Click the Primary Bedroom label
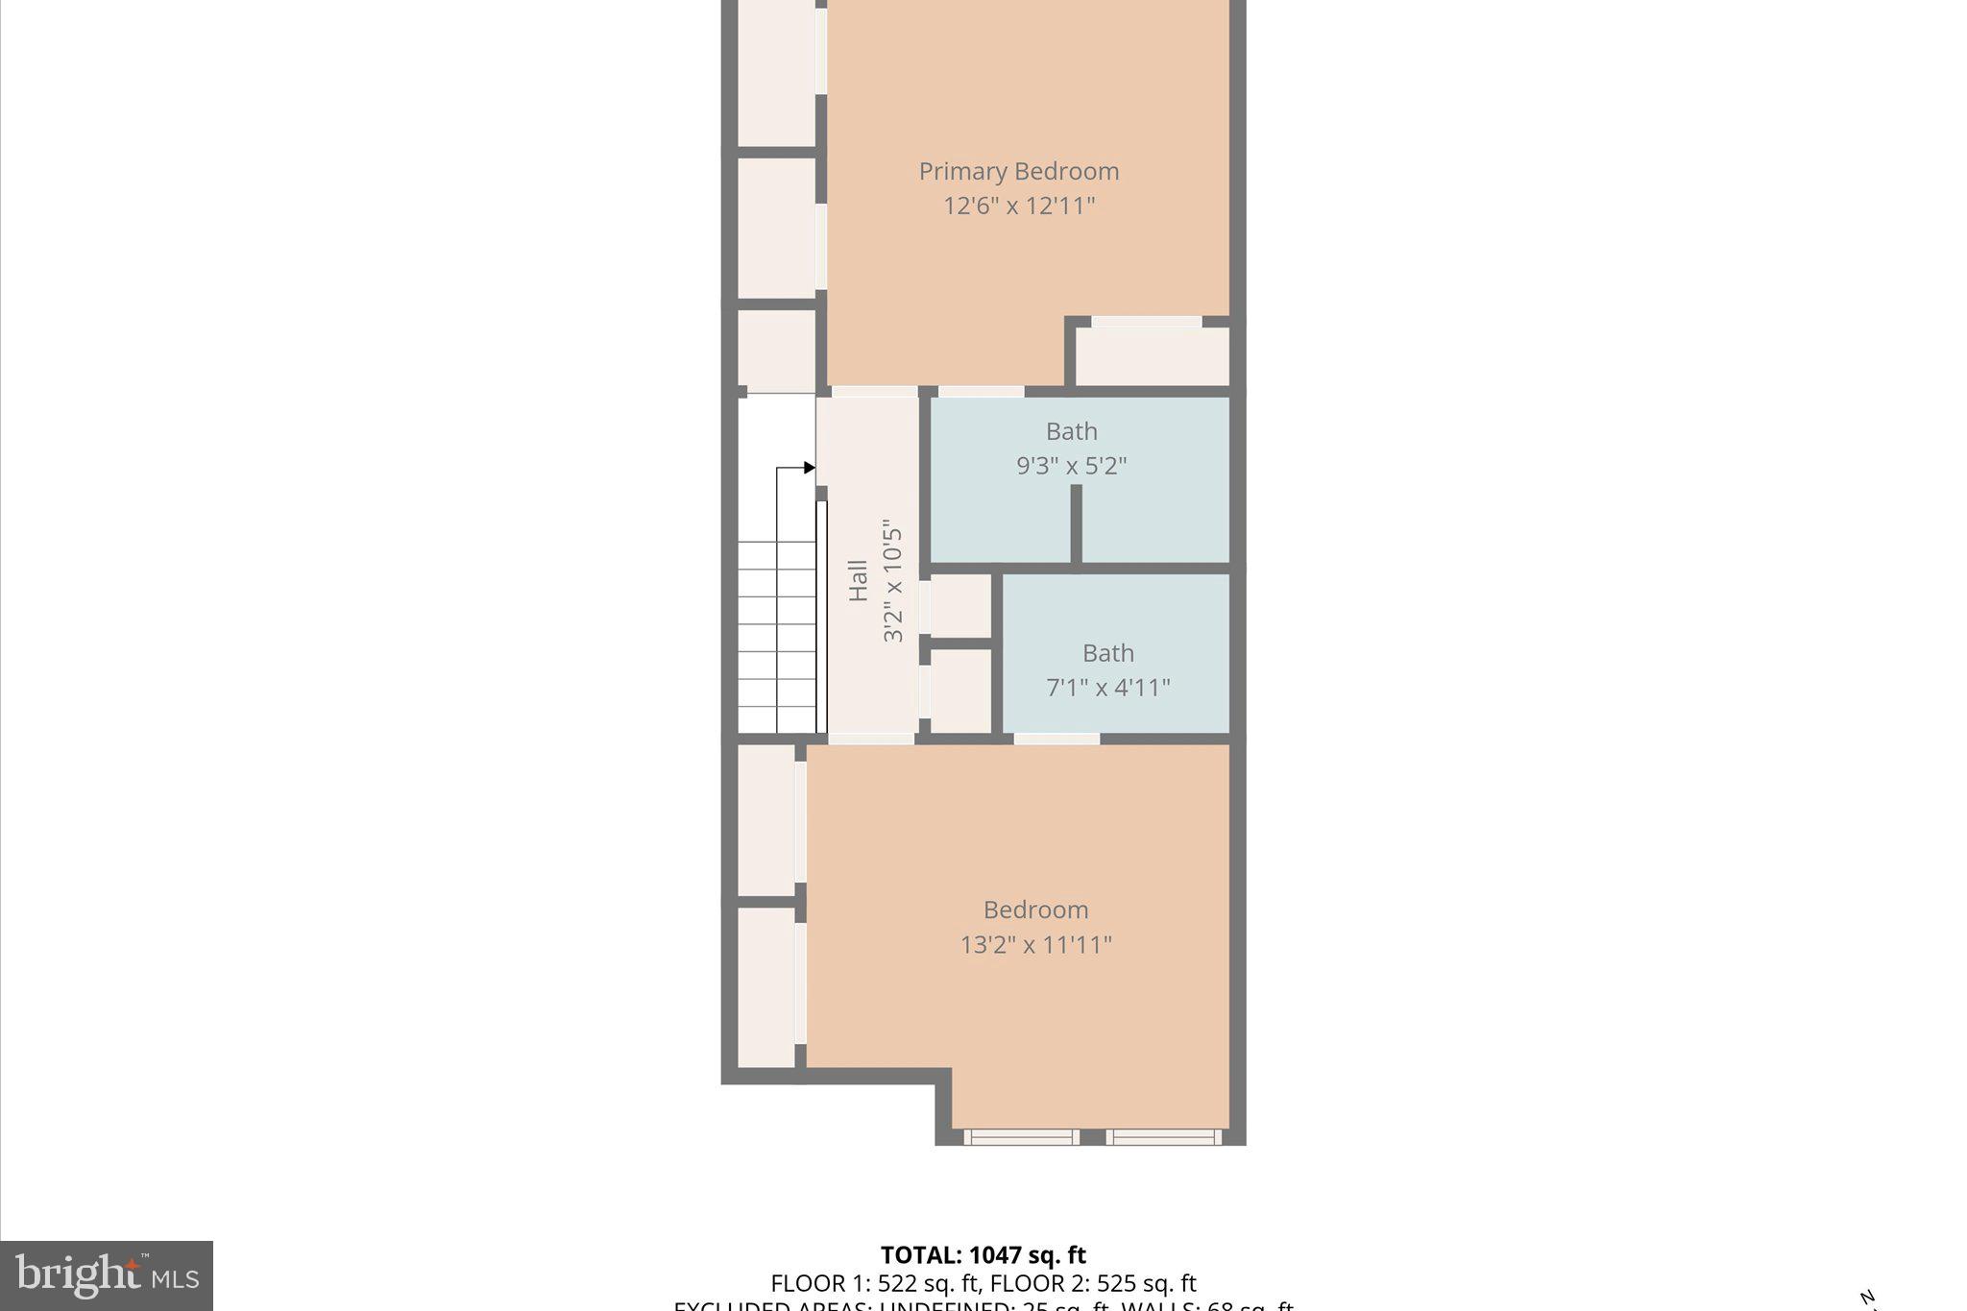click(x=1018, y=171)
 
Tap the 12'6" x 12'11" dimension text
click(x=1018, y=206)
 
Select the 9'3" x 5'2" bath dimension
click(x=1071, y=466)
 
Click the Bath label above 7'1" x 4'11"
click(x=1107, y=653)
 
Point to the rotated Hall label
click(x=859, y=581)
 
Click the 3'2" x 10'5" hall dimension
click(x=893, y=581)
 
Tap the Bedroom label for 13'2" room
click(x=1035, y=910)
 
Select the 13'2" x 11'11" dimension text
click(x=1035, y=944)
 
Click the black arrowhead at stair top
click(x=810, y=468)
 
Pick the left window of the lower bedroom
click(x=1020, y=1137)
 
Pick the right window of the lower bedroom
click(x=1163, y=1137)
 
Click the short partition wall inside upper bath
click(x=1076, y=523)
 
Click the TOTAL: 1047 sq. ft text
click(x=983, y=1255)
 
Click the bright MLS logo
click(x=107, y=1275)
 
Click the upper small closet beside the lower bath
click(x=960, y=605)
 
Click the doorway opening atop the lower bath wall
click(x=1056, y=739)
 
